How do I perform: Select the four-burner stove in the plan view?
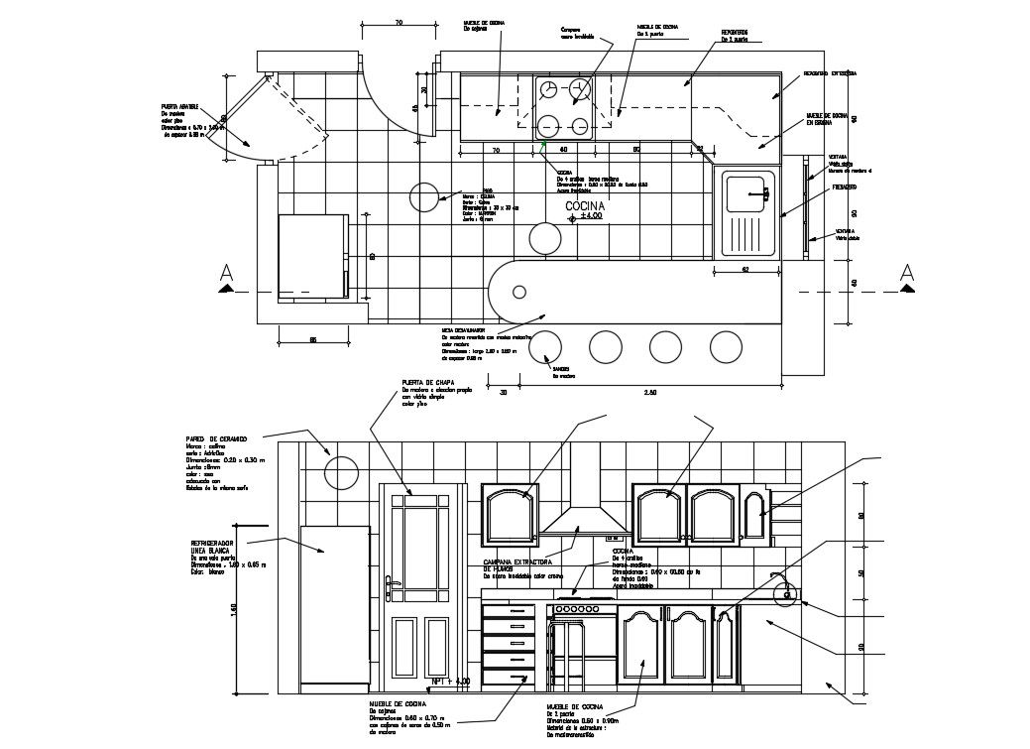(563, 107)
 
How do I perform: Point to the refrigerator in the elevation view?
(334, 607)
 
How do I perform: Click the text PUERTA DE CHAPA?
(429, 382)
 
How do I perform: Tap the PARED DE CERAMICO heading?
(216, 437)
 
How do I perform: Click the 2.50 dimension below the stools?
(650, 393)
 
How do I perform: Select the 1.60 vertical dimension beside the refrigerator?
(235, 608)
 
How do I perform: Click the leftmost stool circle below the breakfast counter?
(543, 346)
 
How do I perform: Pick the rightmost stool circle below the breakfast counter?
(727, 346)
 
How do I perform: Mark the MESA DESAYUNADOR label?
(464, 328)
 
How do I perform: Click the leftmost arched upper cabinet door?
(509, 514)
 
